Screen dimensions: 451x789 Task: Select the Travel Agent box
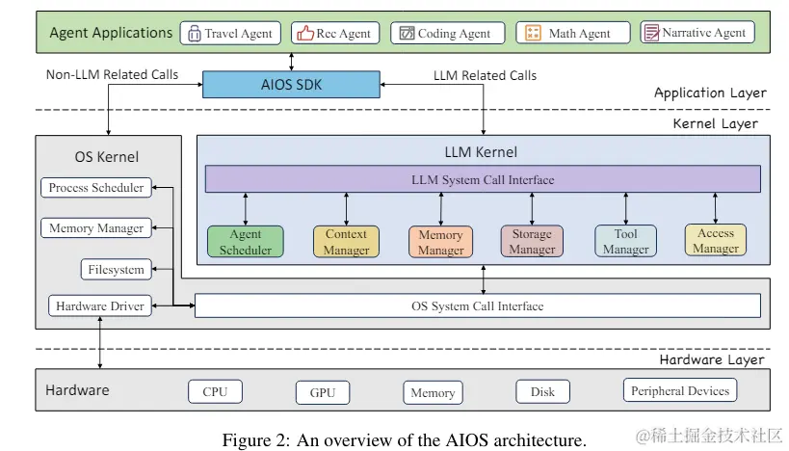coord(229,33)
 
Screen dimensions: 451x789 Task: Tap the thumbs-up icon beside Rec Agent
coord(305,33)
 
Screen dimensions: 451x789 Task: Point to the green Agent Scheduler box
coord(246,242)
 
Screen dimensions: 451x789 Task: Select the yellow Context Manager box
coord(346,242)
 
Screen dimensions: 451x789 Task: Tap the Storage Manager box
coord(532,242)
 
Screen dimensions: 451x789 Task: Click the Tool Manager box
coord(625,242)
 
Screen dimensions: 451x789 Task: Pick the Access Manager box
coord(716,241)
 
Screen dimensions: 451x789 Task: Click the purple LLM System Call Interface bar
coord(482,179)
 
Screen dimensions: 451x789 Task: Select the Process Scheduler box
coord(96,188)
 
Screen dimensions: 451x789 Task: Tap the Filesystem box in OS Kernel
coord(116,270)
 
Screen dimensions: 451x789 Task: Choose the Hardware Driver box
coord(99,306)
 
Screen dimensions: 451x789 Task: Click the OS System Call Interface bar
coord(477,306)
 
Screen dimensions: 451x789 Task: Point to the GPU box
coord(322,392)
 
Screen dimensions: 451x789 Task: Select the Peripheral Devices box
coord(680,390)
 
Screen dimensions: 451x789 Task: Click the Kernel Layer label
coord(714,123)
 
